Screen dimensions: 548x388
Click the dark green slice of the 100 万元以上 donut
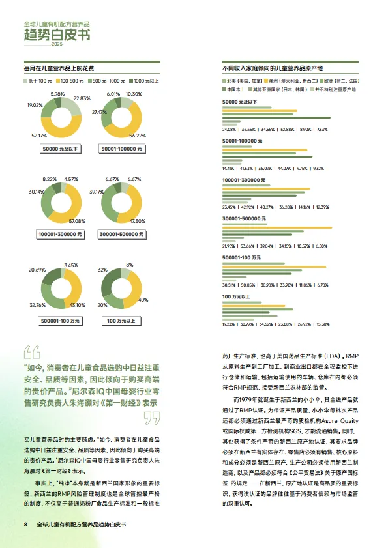point(108,280)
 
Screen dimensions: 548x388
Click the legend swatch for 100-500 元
point(57,81)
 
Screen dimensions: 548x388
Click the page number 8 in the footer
point(25,525)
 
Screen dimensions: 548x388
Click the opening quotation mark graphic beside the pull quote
point(32,353)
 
